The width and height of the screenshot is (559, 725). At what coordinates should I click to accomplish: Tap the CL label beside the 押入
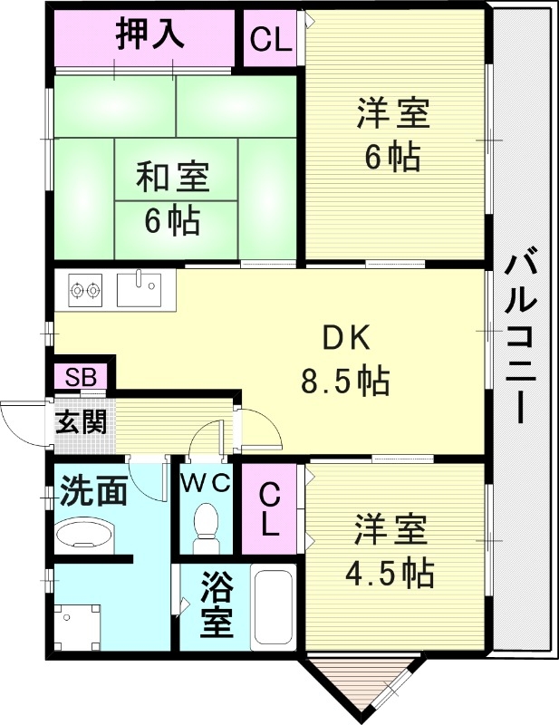[x=271, y=39]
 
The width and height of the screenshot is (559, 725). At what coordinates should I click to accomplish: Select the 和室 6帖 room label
[x=172, y=197]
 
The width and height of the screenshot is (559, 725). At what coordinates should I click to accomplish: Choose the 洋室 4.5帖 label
[x=390, y=549]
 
